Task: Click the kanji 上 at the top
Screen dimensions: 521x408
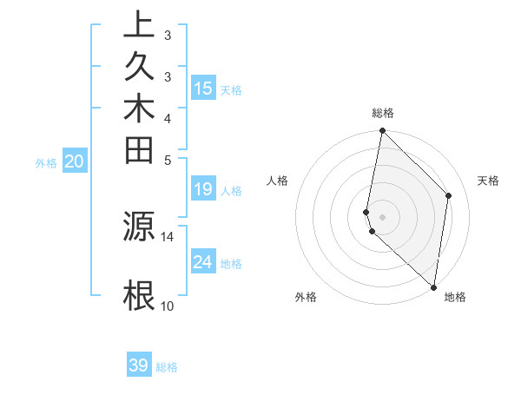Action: pyautogui.click(x=139, y=25)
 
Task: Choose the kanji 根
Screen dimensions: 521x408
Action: pyautogui.click(x=139, y=295)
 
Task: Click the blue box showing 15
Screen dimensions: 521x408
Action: pyautogui.click(x=203, y=88)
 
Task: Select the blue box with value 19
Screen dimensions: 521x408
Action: pyautogui.click(x=203, y=189)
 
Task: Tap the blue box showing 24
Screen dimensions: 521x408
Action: pyautogui.click(x=203, y=262)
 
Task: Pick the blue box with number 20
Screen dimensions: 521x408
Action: pyautogui.click(x=75, y=161)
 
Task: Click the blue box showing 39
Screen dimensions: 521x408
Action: pyautogui.click(x=139, y=365)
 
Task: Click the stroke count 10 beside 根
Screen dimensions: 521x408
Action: pyautogui.click(x=168, y=306)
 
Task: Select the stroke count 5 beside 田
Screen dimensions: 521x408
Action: pyautogui.click(x=168, y=160)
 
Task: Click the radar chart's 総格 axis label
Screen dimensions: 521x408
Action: pyautogui.click(x=382, y=113)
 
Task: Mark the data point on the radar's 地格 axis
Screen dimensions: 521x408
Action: pyautogui.click(x=433, y=286)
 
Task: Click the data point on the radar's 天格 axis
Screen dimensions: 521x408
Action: pyautogui.click(x=449, y=195)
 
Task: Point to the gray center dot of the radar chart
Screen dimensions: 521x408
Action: pyautogui.click(x=382, y=216)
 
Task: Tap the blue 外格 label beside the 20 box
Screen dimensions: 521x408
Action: pyautogui.click(x=46, y=162)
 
